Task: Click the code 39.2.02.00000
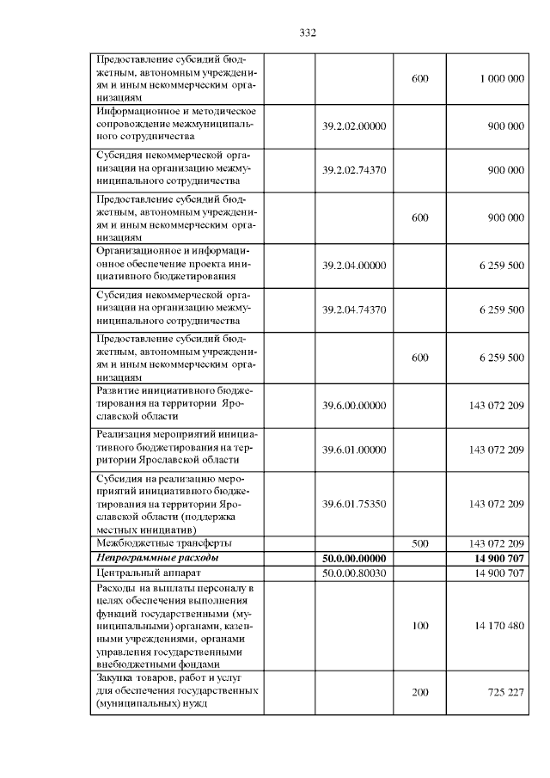(354, 126)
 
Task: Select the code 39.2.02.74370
(354, 170)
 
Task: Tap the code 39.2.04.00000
(354, 266)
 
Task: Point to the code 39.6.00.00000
(354, 405)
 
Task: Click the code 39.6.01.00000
(354, 450)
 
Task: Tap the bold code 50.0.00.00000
(354, 559)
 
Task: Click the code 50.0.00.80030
(354, 573)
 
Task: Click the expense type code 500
(420, 544)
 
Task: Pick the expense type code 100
(420, 626)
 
